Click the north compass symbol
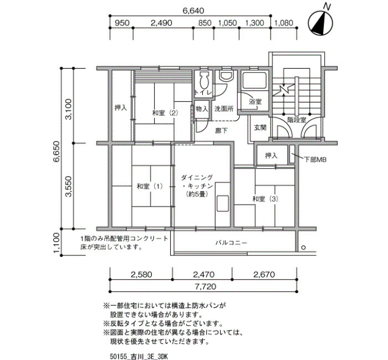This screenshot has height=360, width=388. [x=320, y=23]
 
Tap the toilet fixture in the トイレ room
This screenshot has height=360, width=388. [x=203, y=80]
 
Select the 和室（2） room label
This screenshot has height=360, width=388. [x=165, y=113]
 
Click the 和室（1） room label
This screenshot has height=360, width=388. [x=150, y=186]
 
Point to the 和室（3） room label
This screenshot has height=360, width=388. [x=266, y=199]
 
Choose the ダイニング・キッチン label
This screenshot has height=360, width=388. [x=197, y=186]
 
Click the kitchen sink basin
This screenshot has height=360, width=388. [x=222, y=203]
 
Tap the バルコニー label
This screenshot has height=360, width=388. [x=231, y=243]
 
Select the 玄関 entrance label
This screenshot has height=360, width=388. [x=261, y=127]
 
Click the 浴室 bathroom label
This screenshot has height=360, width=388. [x=255, y=101]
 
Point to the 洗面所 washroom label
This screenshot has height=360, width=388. [x=224, y=109]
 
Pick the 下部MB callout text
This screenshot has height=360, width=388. [x=315, y=160]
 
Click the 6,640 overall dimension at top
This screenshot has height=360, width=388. [x=193, y=11]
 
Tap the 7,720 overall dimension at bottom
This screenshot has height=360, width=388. [x=206, y=286]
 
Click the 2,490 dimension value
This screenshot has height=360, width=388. [x=161, y=23]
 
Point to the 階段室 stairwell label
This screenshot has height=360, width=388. [x=297, y=120]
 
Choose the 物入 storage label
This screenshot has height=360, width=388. [x=202, y=109]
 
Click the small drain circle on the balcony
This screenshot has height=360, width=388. [x=304, y=248]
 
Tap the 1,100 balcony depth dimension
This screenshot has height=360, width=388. [x=57, y=243]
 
